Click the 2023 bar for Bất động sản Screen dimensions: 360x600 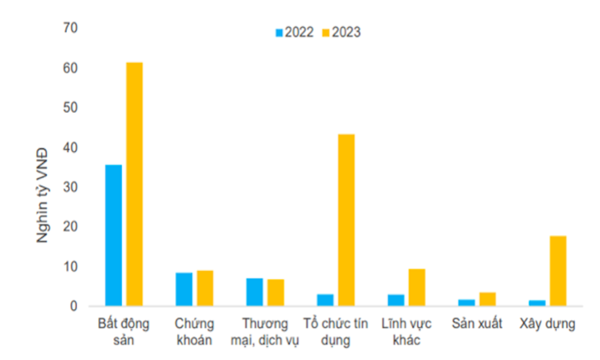[x=134, y=184]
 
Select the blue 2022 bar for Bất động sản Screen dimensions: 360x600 [x=113, y=235]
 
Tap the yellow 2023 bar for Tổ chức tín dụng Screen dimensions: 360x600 [x=346, y=220]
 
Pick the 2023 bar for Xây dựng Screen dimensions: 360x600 [x=558, y=271]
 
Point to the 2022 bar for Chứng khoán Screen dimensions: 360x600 [x=184, y=289]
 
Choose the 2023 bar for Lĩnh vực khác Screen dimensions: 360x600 [x=417, y=287]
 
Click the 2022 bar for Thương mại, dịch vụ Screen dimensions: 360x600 [x=255, y=292]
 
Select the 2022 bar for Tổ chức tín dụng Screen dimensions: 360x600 [x=325, y=300]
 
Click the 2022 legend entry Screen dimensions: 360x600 [x=295, y=33]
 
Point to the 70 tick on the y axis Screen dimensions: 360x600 [x=70, y=27]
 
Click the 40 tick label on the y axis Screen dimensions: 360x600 [x=70, y=147]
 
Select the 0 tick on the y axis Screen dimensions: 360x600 [x=74, y=306]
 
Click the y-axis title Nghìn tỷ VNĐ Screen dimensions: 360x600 [x=43, y=195]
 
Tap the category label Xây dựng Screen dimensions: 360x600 [x=547, y=324]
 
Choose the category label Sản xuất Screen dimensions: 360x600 [x=477, y=324]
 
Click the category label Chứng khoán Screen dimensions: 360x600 [x=194, y=332]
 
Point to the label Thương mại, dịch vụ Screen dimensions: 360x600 [x=265, y=332]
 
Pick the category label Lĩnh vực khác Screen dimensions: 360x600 [x=406, y=332]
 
